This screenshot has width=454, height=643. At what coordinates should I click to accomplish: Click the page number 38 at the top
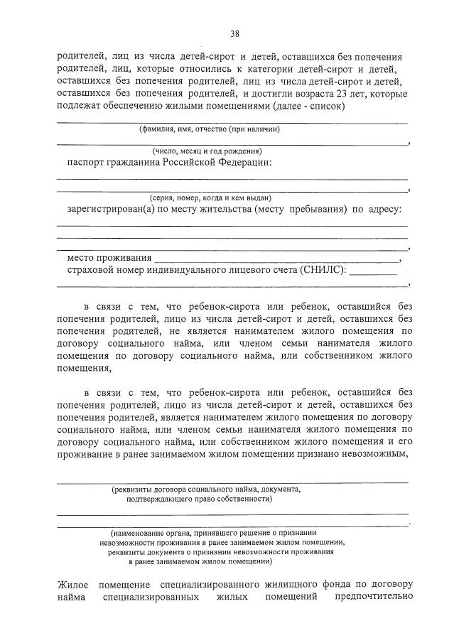[x=234, y=33]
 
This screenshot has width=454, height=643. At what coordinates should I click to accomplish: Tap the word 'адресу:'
[x=384, y=210]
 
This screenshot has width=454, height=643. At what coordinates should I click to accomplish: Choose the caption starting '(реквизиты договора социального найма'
[x=206, y=489]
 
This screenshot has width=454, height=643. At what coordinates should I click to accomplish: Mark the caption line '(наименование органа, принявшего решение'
[x=213, y=532]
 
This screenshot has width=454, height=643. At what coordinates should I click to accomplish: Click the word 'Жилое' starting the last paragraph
[x=72, y=584]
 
